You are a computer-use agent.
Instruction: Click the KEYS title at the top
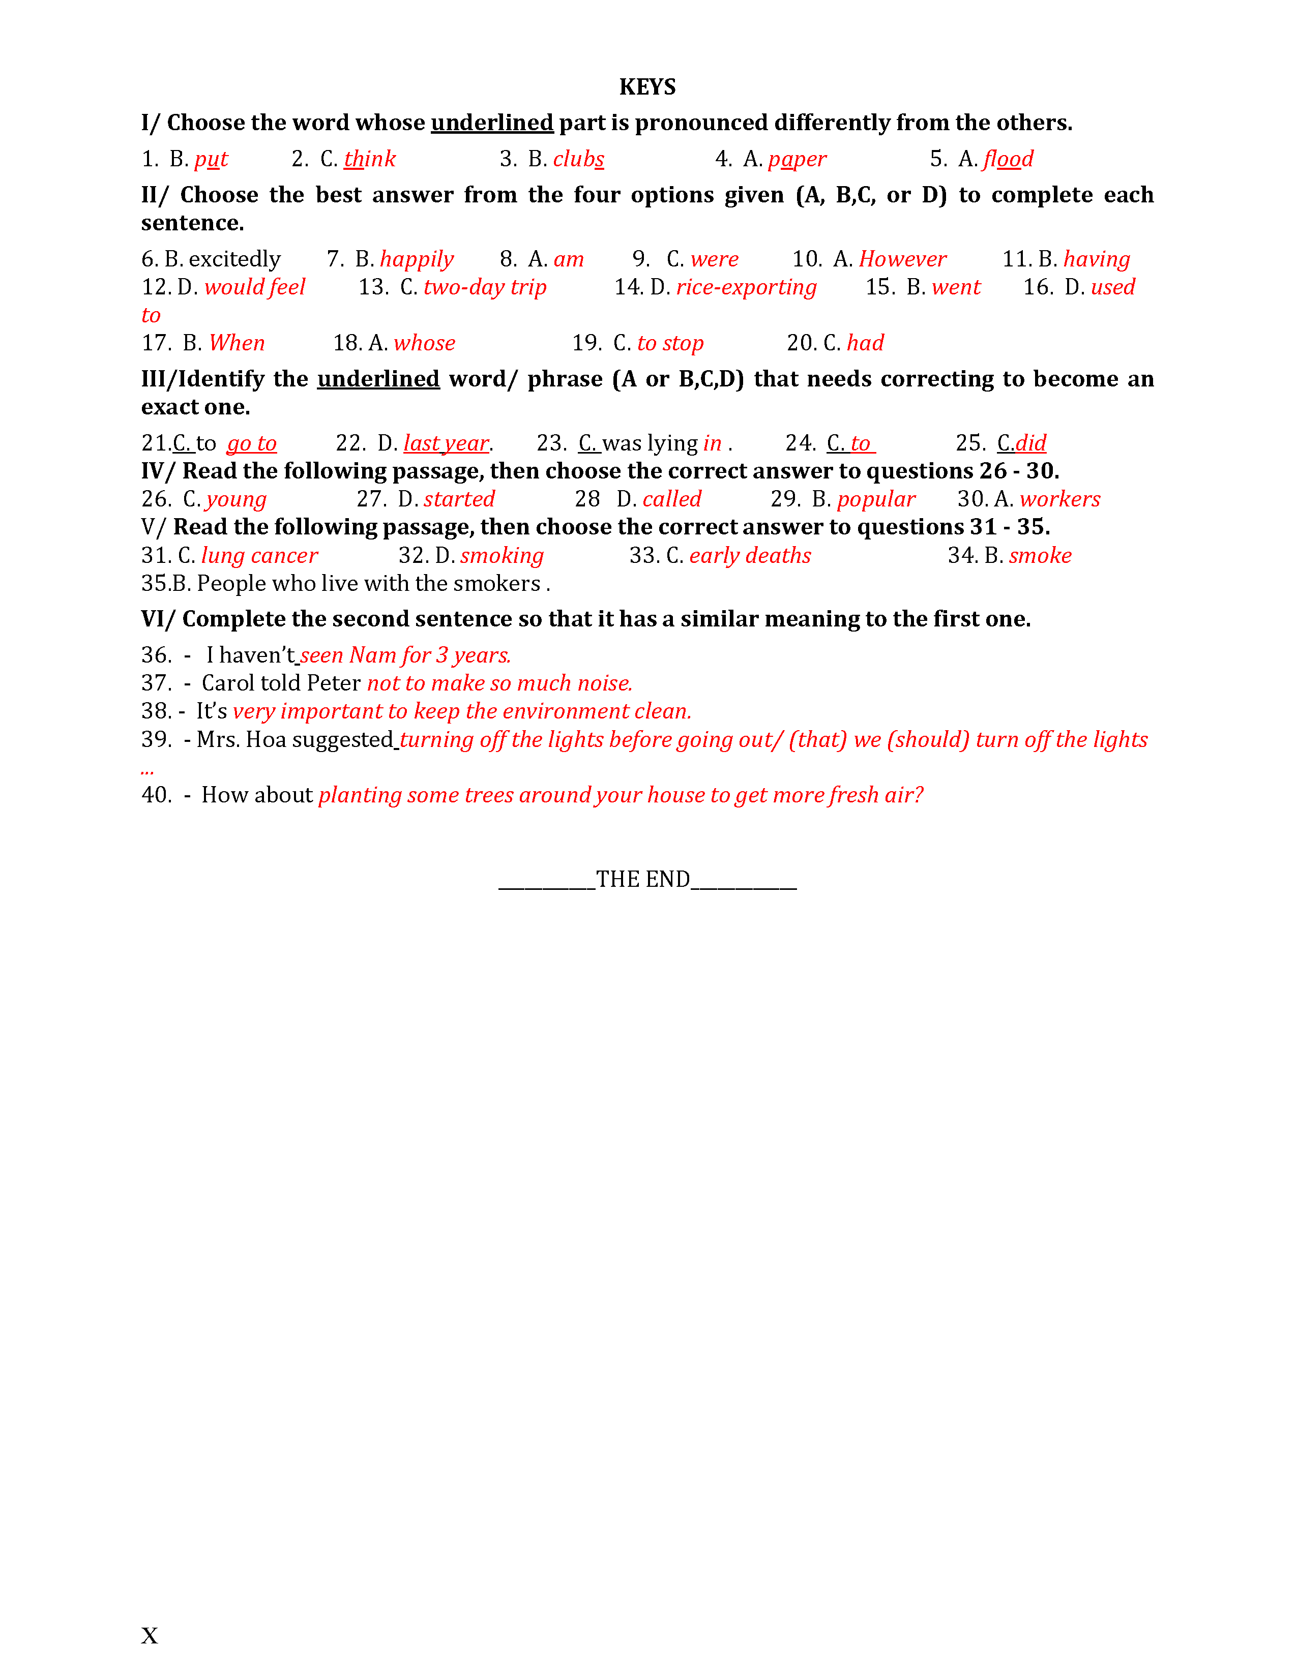tap(647, 87)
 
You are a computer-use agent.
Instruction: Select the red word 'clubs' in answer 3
tap(579, 159)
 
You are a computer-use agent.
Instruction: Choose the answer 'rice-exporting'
tap(746, 287)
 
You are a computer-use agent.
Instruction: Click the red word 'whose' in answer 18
tap(424, 343)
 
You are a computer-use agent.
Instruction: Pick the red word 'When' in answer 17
tap(237, 343)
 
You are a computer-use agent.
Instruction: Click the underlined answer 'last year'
tap(446, 443)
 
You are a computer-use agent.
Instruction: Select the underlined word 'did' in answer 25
tap(1030, 443)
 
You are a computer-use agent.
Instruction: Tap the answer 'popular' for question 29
tap(876, 499)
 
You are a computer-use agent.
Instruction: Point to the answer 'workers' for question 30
tap(1059, 499)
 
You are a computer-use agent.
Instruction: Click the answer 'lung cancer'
tap(259, 555)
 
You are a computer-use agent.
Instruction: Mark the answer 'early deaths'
tap(750, 555)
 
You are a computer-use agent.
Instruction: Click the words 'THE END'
tap(642, 879)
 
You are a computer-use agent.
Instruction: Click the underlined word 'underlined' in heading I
tap(492, 123)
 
